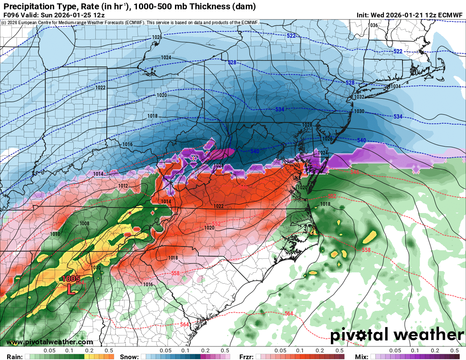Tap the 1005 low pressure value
pyautogui.click(x=71, y=279)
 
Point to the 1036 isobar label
pyautogui.click(x=373, y=25)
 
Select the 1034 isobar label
pyautogui.click(x=395, y=86)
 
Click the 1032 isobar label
pyautogui.click(x=359, y=97)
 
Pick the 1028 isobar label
pyautogui.click(x=307, y=125)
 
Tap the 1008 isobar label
pyautogui.click(x=84, y=224)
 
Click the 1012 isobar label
pyautogui.click(x=123, y=186)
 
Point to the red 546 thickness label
pyautogui.click(x=355, y=172)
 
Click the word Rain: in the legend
pyautogui.click(x=14, y=357)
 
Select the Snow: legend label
pyautogui.click(x=129, y=357)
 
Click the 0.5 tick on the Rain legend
pyautogui.click(x=109, y=351)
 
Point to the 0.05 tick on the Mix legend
pyautogui.click(x=395, y=351)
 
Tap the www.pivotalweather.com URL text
pyautogui.click(x=50, y=342)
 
